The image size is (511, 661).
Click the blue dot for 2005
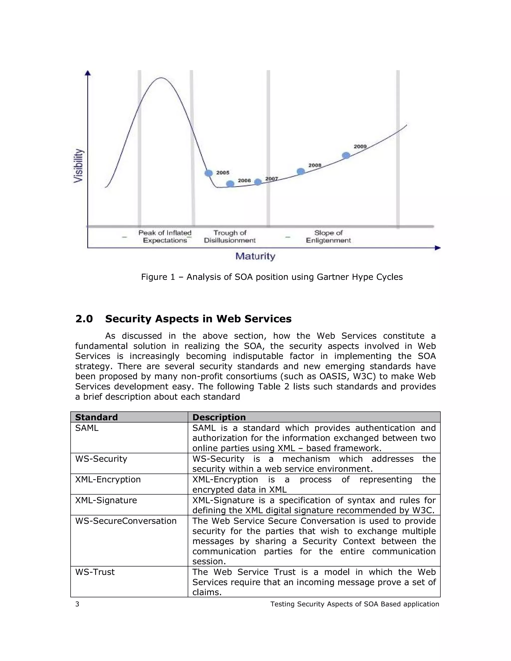pyautogui.click(x=209, y=173)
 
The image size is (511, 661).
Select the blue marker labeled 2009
pyautogui.click(x=346, y=156)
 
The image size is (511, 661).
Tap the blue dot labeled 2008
pyautogui.click(x=301, y=172)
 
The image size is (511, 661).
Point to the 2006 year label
pyautogui.click(x=244, y=181)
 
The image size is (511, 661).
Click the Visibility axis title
pyautogui.click(x=78, y=166)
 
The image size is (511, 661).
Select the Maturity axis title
pyautogui.click(x=255, y=256)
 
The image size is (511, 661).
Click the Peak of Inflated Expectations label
pyautogui.click(x=165, y=236)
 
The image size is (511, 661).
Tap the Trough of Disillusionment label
pyautogui.click(x=230, y=236)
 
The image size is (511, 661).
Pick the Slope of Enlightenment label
pyautogui.click(x=328, y=236)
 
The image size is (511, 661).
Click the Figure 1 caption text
pyautogui.click(x=271, y=277)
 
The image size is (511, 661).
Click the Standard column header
pyautogui.click(x=96, y=417)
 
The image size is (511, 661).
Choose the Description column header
pyautogui.click(x=219, y=417)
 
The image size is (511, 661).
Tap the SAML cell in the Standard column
pyautogui.click(x=87, y=428)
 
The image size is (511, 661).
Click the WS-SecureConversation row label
pyautogui.click(x=126, y=521)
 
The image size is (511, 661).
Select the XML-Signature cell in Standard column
pyautogui.click(x=106, y=500)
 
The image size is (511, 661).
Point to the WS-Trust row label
pyautogui.click(x=95, y=572)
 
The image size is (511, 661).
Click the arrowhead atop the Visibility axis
pyautogui.click(x=88, y=73)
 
